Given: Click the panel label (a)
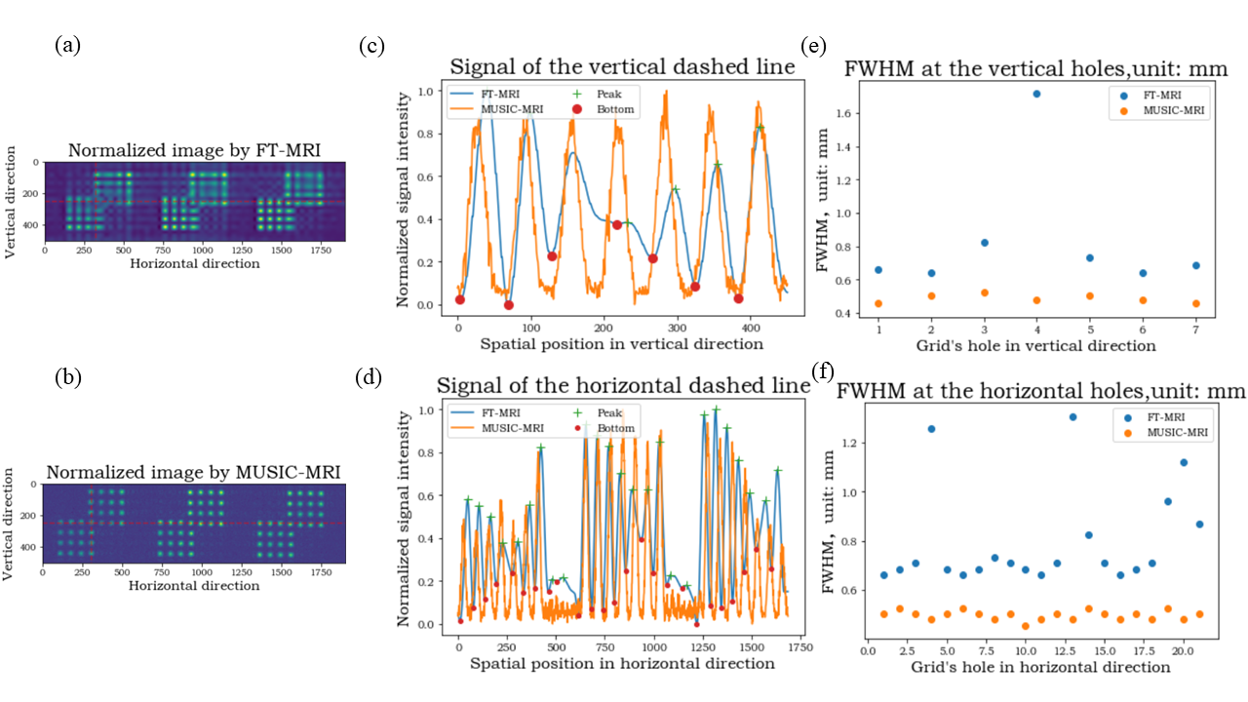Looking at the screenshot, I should [x=69, y=45].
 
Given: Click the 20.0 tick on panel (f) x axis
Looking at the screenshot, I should [x=1183, y=650].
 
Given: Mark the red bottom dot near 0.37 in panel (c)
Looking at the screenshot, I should [x=617, y=225].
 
